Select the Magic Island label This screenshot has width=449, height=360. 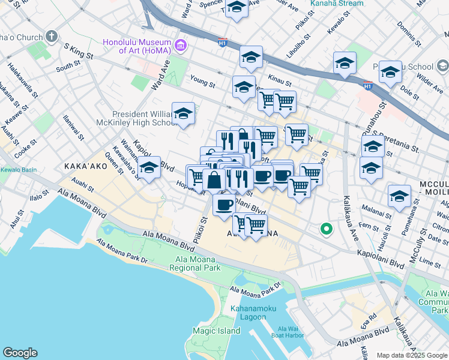point(216,331)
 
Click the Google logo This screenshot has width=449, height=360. point(20,353)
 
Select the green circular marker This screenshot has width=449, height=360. point(327,229)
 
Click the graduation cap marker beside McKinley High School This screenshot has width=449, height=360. point(183,113)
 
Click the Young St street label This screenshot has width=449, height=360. point(202,82)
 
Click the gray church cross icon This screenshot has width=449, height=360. point(52,35)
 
